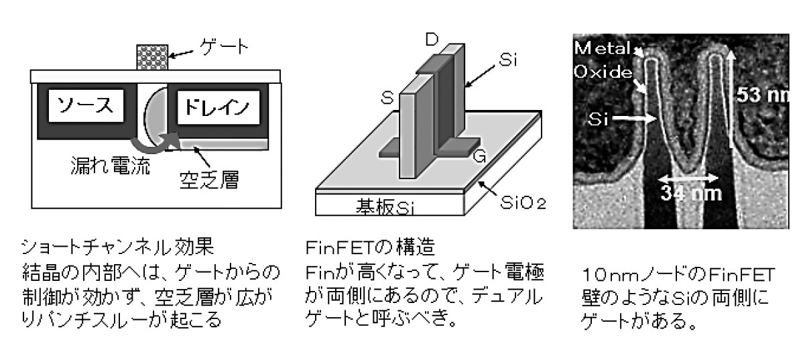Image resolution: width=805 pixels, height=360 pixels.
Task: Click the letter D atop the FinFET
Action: coord(433,39)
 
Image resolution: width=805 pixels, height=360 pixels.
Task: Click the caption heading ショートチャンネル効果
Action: coord(117,248)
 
